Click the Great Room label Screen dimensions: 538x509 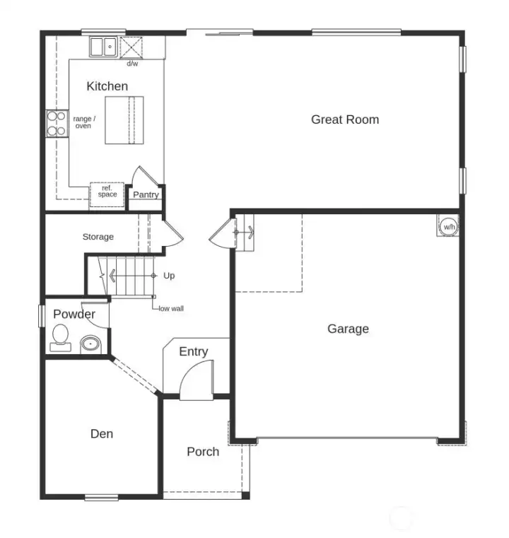[x=345, y=119]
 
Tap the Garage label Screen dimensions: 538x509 [x=348, y=329]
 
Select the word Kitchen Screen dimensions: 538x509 [x=107, y=86]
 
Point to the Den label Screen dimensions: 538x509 [x=102, y=433]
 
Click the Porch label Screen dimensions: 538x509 [x=203, y=452]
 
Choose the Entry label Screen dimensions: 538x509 [x=193, y=351]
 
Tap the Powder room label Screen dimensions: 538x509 [x=74, y=314]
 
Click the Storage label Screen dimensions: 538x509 [x=98, y=237]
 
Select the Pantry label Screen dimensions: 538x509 [x=146, y=194]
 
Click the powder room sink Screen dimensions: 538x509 [x=90, y=344]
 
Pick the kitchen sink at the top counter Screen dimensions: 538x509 [x=104, y=47]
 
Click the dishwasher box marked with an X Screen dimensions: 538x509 [x=131, y=47]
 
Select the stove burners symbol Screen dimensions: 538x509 [x=57, y=124]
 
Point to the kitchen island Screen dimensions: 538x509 [x=124, y=120]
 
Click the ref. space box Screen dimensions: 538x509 [x=107, y=192]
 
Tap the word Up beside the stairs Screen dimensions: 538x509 [x=169, y=276]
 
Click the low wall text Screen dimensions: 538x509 [x=171, y=308]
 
